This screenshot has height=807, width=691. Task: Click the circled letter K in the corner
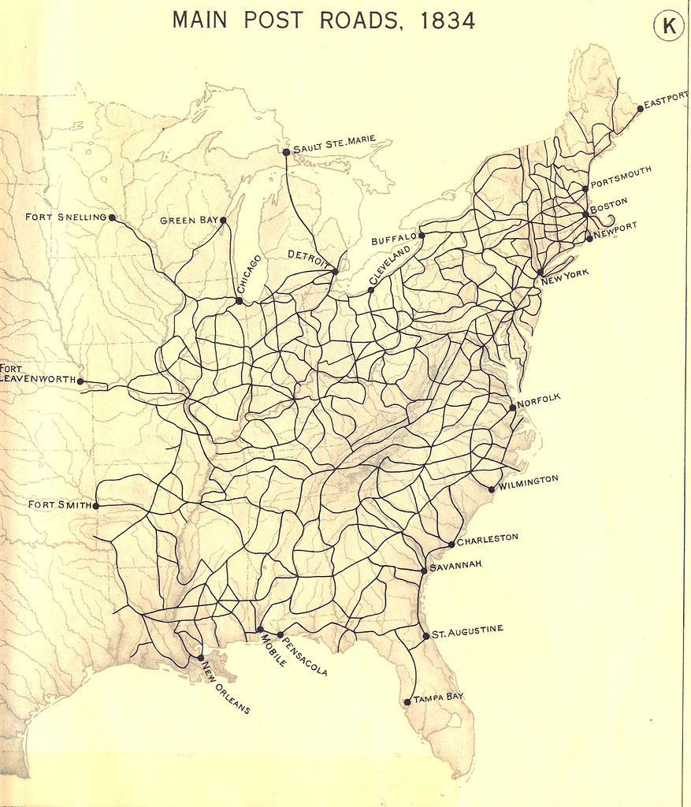pyautogui.click(x=669, y=27)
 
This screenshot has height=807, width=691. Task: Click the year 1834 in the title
pyautogui.click(x=448, y=20)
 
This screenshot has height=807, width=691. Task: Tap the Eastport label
pyautogui.click(x=666, y=100)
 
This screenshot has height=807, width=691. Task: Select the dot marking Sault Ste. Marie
pyautogui.click(x=286, y=151)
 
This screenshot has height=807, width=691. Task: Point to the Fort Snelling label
pyautogui.click(x=65, y=217)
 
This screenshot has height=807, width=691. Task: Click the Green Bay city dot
pyautogui.click(x=223, y=221)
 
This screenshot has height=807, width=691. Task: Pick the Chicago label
pyautogui.click(x=249, y=273)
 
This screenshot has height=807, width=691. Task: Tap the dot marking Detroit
pyautogui.click(x=335, y=271)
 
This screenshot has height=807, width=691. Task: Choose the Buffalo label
pyautogui.click(x=393, y=239)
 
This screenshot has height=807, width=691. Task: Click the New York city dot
pyautogui.click(x=540, y=272)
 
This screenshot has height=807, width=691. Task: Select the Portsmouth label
pyautogui.click(x=621, y=178)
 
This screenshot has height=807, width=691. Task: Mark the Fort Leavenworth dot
pyautogui.click(x=80, y=381)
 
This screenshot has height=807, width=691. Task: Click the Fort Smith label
pyautogui.click(x=59, y=504)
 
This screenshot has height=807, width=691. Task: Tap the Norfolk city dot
pyautogui.click(x=513, y=407)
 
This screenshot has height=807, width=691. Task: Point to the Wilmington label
pyautogui.click(x=528, y=482)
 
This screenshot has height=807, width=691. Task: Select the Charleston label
pyautogui.click(x=488, y=539)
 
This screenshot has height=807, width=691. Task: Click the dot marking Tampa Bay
pyautogui.click(x=407, y=701)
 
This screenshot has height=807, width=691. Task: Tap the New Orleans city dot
pyautogui.click(x=201, y=657)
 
